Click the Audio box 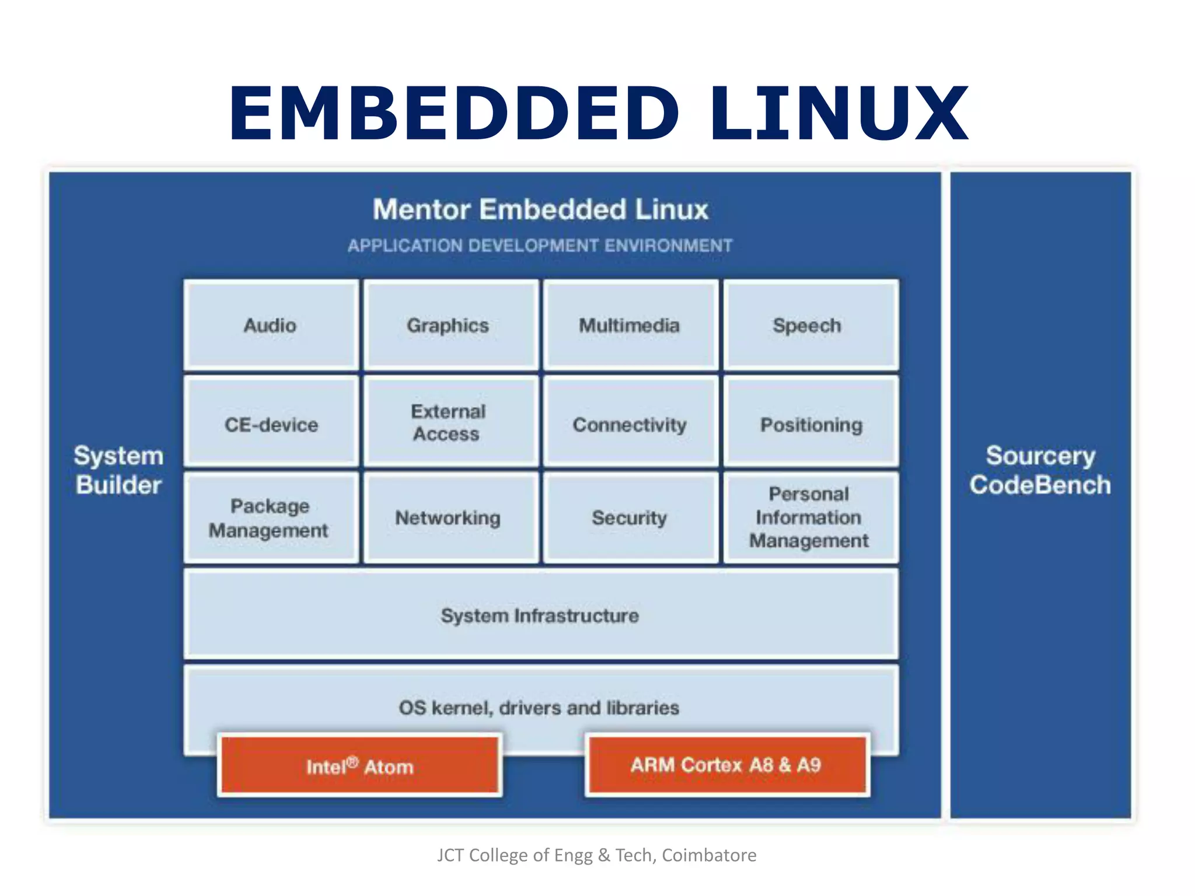pyautogui.click(x=271, y=325)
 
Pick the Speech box pyautogui.click(x=810, y=325)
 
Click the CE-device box pyautogui.click(x=271, y=422)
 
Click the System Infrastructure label pyautogui.click(x=540, y=615)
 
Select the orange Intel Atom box pyautogui.click(x=360, y=765)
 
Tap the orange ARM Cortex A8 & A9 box pyautogui.click(x=727, y=764)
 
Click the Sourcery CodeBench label pyautogui.click(x=1040, y=470)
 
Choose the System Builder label pyautogui.click(x=118, y=470)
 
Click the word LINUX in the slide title pyautogui.click(x=838, y=113)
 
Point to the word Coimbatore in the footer pyautogui.click(x=709, y=855)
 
